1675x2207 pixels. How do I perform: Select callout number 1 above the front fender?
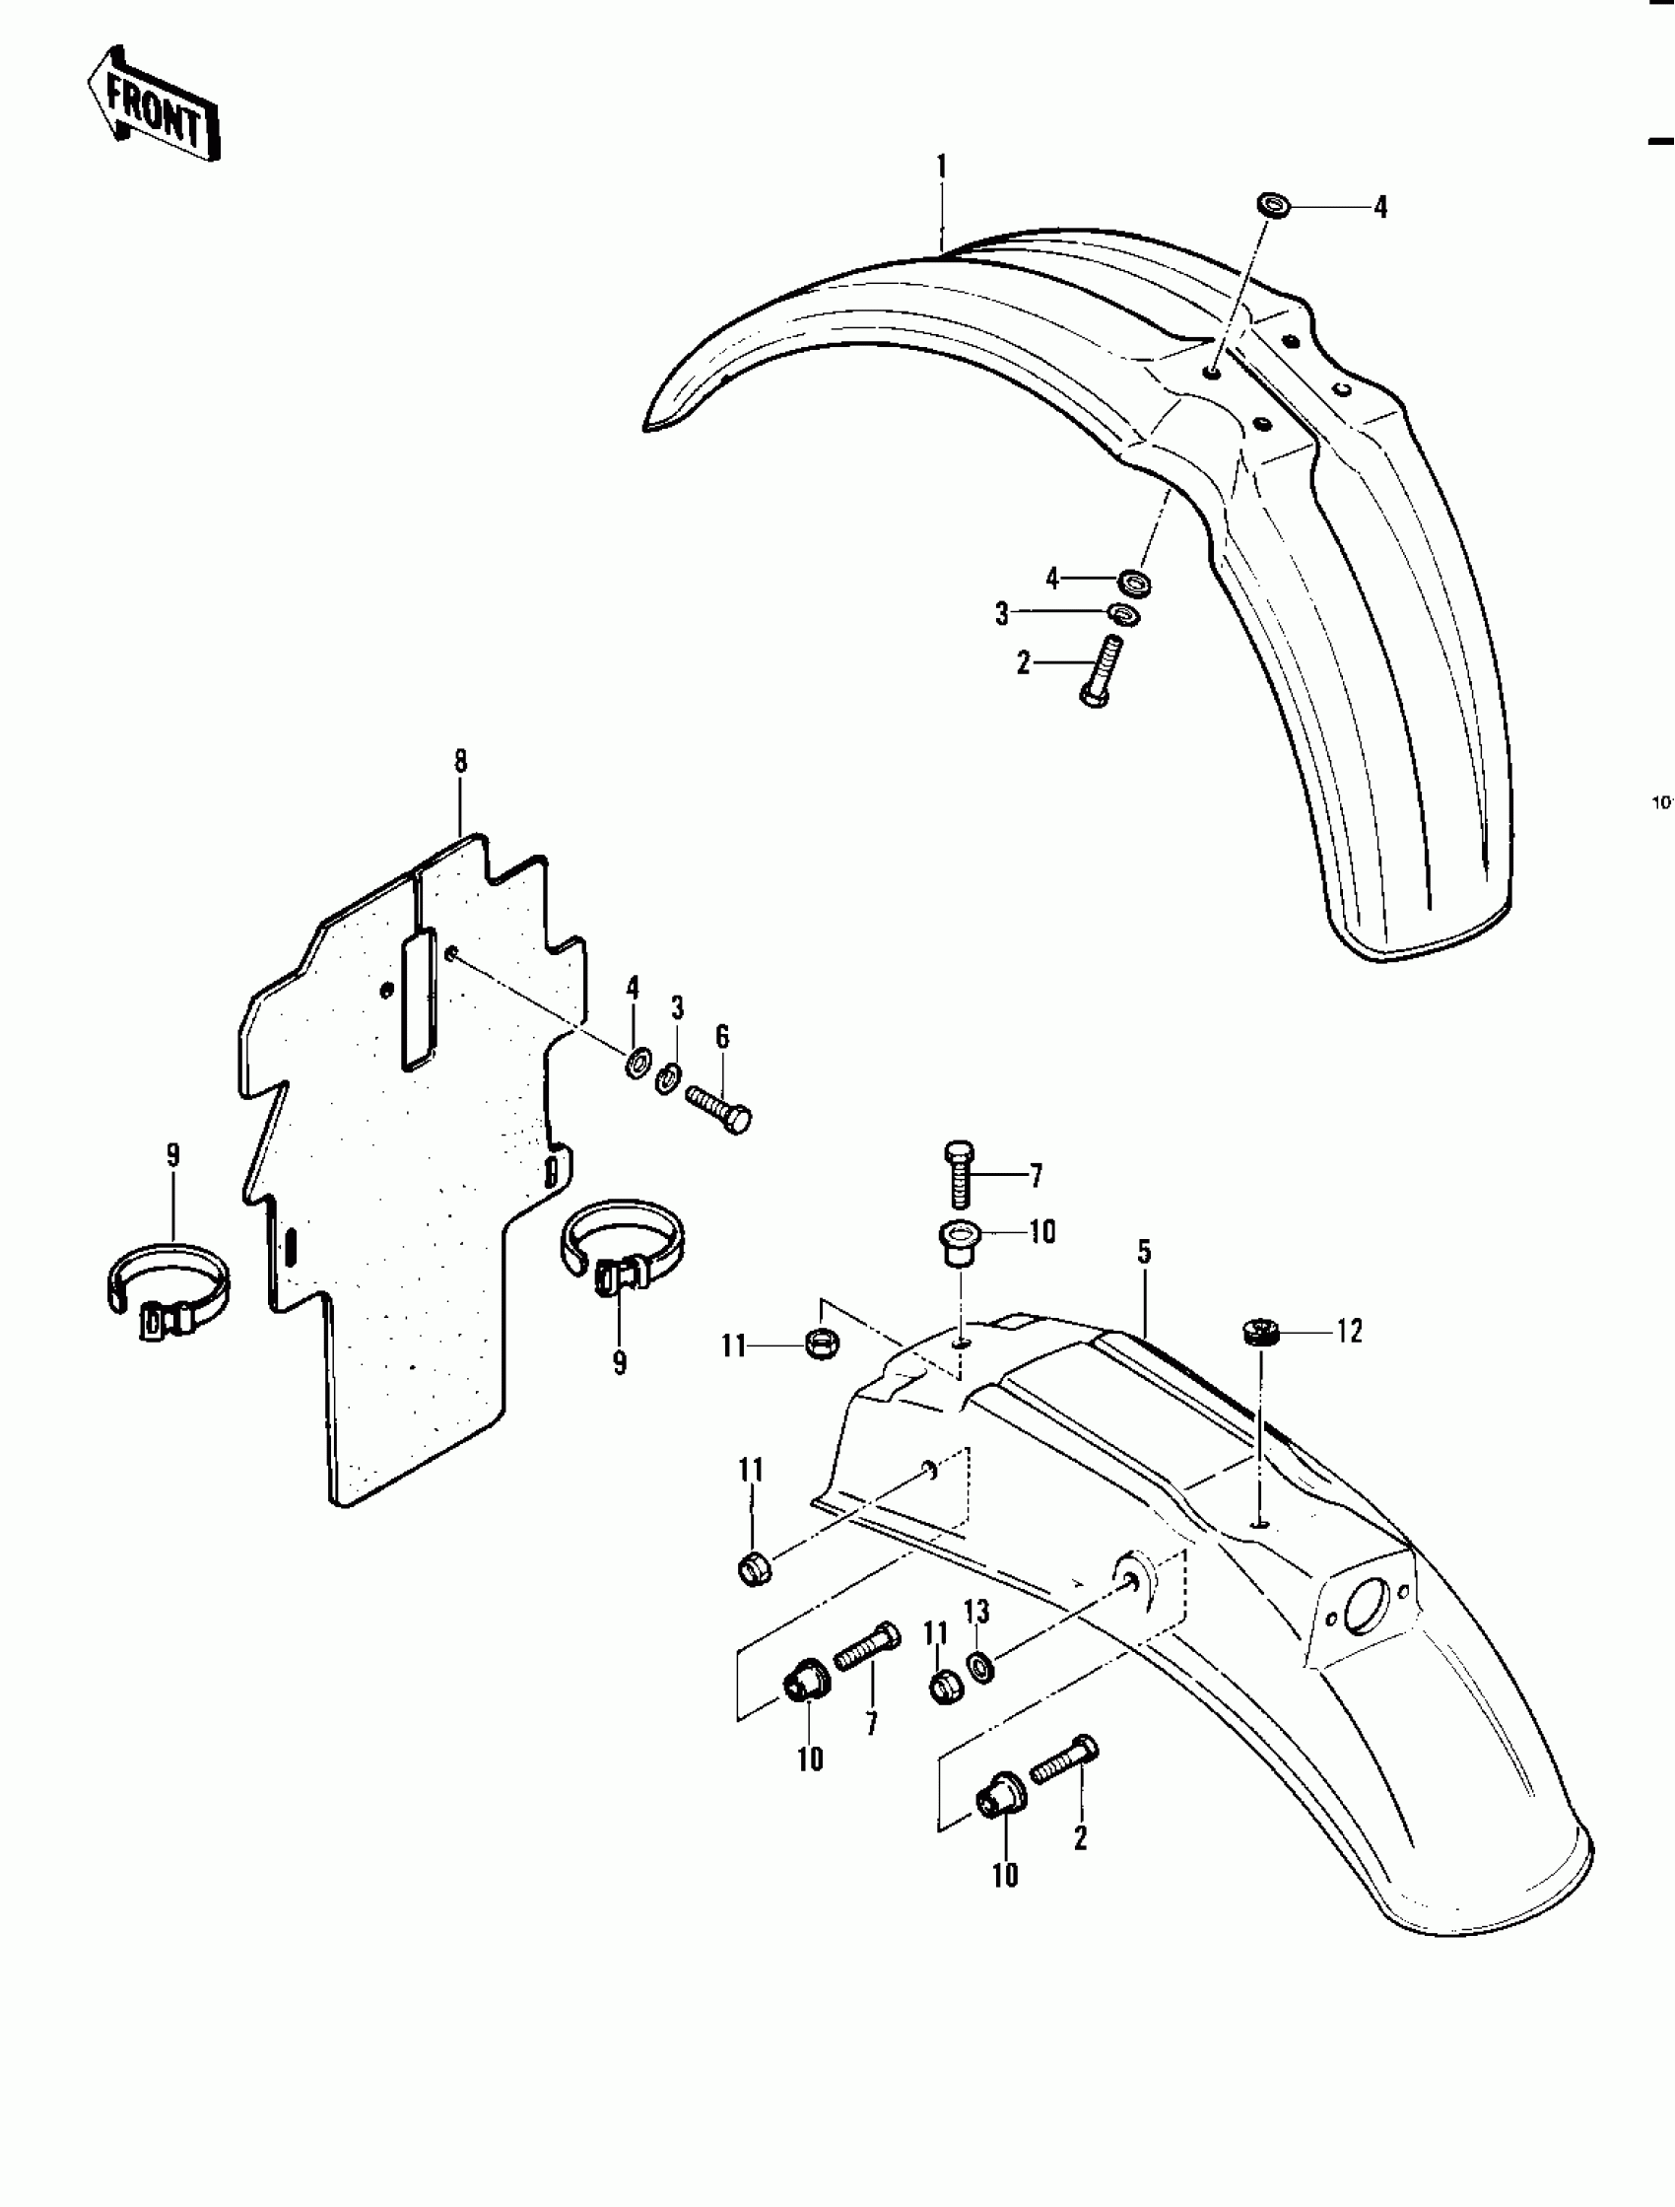point(941,167)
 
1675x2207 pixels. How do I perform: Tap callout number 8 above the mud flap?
point(460,762)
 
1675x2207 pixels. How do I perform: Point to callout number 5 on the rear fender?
point(1144,1252)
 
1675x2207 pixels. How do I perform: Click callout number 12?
point(1349,1332)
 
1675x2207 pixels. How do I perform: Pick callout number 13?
point(976,1612)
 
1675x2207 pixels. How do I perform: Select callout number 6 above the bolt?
point(722,1038)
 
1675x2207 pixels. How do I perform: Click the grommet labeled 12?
point(1262,1331)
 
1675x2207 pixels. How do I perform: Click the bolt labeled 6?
point(718,1109)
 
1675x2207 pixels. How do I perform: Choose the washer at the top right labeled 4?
point(1272,207)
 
